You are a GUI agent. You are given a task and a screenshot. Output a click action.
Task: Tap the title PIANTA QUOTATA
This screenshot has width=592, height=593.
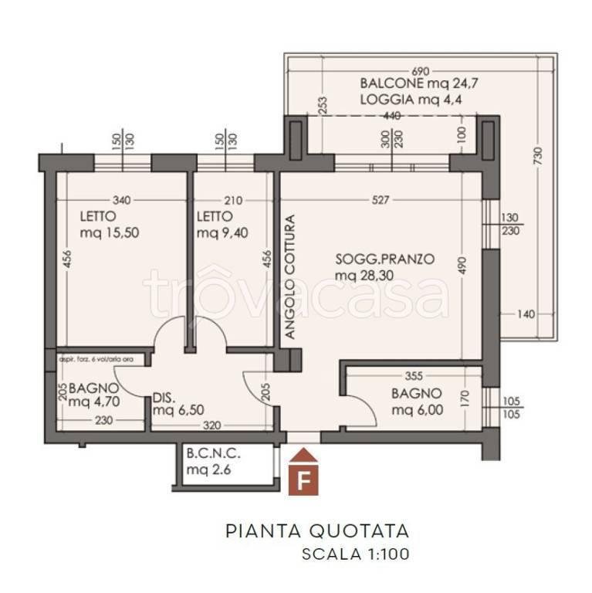[316, 531]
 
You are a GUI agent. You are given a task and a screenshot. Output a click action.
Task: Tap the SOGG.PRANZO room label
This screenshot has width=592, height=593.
[384, 267]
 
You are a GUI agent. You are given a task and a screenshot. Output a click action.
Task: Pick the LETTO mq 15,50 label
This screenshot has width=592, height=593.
[110, 225]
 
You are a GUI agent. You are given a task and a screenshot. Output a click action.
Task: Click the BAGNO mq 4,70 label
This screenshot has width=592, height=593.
[93, 394]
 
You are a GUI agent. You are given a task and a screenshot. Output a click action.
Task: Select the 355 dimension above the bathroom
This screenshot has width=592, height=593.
[413, 376]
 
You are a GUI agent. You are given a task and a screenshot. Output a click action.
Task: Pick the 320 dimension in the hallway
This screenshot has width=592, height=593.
[212, 425]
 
